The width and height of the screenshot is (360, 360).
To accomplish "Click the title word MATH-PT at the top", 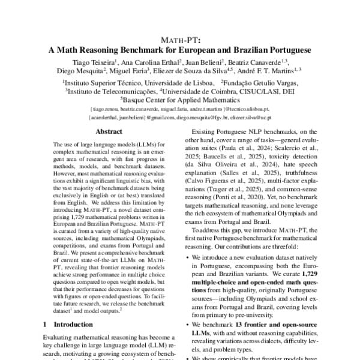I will pos(181,40).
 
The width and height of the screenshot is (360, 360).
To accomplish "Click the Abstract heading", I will pos(109,131).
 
